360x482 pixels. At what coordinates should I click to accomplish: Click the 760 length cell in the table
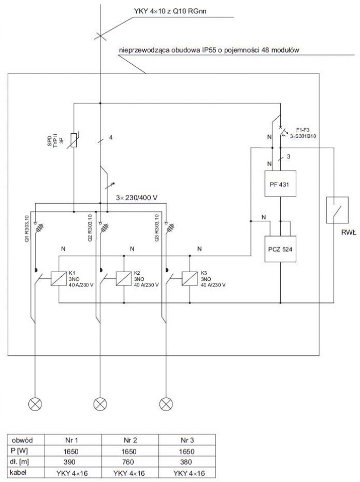128,462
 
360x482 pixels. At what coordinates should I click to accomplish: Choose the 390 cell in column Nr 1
71,462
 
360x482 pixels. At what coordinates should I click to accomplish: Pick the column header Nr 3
187,440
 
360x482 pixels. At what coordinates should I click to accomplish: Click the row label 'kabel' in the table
18,472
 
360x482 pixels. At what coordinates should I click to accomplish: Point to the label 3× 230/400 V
136,198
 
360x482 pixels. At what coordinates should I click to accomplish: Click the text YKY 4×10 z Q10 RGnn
170,11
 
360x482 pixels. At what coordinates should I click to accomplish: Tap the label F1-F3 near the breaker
302,130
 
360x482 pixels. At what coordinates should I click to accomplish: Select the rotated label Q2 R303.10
90,227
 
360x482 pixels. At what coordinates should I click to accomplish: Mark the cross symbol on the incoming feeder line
100,36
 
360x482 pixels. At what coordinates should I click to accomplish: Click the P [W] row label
19,451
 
